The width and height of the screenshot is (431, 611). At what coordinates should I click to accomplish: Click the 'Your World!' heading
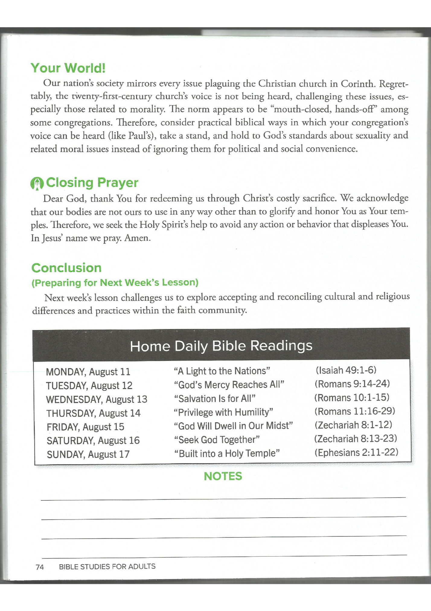coord(68,68)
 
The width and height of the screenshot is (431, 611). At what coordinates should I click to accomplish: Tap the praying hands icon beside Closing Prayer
coord(37,183)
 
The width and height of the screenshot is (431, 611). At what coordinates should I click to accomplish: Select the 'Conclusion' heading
coord(66,268)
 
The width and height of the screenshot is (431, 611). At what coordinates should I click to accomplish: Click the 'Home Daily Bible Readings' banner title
coord(221,346)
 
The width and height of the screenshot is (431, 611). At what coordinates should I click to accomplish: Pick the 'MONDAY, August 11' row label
coord(88,372)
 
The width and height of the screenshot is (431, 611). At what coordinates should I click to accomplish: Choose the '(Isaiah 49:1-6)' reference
coord(346,370)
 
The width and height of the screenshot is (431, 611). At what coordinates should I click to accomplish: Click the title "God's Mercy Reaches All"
coord(229,385)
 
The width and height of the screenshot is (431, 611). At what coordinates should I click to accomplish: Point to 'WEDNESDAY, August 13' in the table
coord(96,399)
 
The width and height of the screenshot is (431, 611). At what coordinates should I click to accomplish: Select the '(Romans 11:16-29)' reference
coord(355,411)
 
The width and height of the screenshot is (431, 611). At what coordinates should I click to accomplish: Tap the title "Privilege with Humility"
coord(223,412)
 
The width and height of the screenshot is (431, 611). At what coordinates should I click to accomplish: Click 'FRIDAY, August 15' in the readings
coord(85,427)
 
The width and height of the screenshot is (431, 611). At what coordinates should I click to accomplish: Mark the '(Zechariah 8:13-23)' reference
coord(356,438)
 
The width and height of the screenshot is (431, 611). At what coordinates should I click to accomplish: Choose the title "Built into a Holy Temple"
coord(227,453)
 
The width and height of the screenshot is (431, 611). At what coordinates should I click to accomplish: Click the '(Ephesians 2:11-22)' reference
coord(356,452)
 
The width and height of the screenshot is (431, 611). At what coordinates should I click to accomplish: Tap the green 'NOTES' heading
coord(223,476)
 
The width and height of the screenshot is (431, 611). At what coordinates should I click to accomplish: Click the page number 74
coord(40,567)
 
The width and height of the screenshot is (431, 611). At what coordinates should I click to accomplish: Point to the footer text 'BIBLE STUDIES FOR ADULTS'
coord(107,566)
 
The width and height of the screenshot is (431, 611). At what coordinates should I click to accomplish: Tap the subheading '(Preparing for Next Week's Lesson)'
coord(115,283)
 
